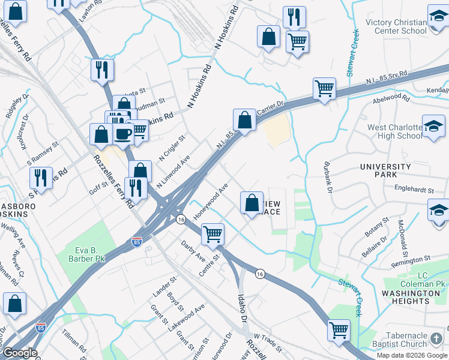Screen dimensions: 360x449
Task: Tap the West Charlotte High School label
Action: click(395, 131)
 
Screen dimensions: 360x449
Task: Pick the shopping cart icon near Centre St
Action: click(212, 233)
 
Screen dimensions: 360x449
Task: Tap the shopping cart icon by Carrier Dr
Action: click(324, 88)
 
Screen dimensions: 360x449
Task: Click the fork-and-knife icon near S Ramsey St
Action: click(41, 177)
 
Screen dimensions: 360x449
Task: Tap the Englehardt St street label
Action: click(414, 190)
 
